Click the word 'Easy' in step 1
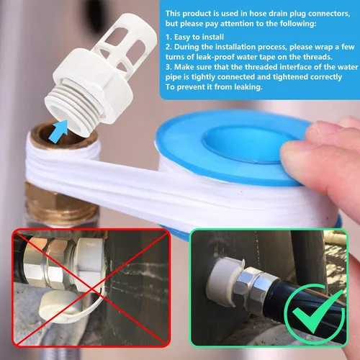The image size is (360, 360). pyautogui.click(x=182, y=37)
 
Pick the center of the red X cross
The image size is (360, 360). pyautogui.click(x=91, y=287)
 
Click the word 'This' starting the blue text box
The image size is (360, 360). pyautogui.click(x=173, y=14)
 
